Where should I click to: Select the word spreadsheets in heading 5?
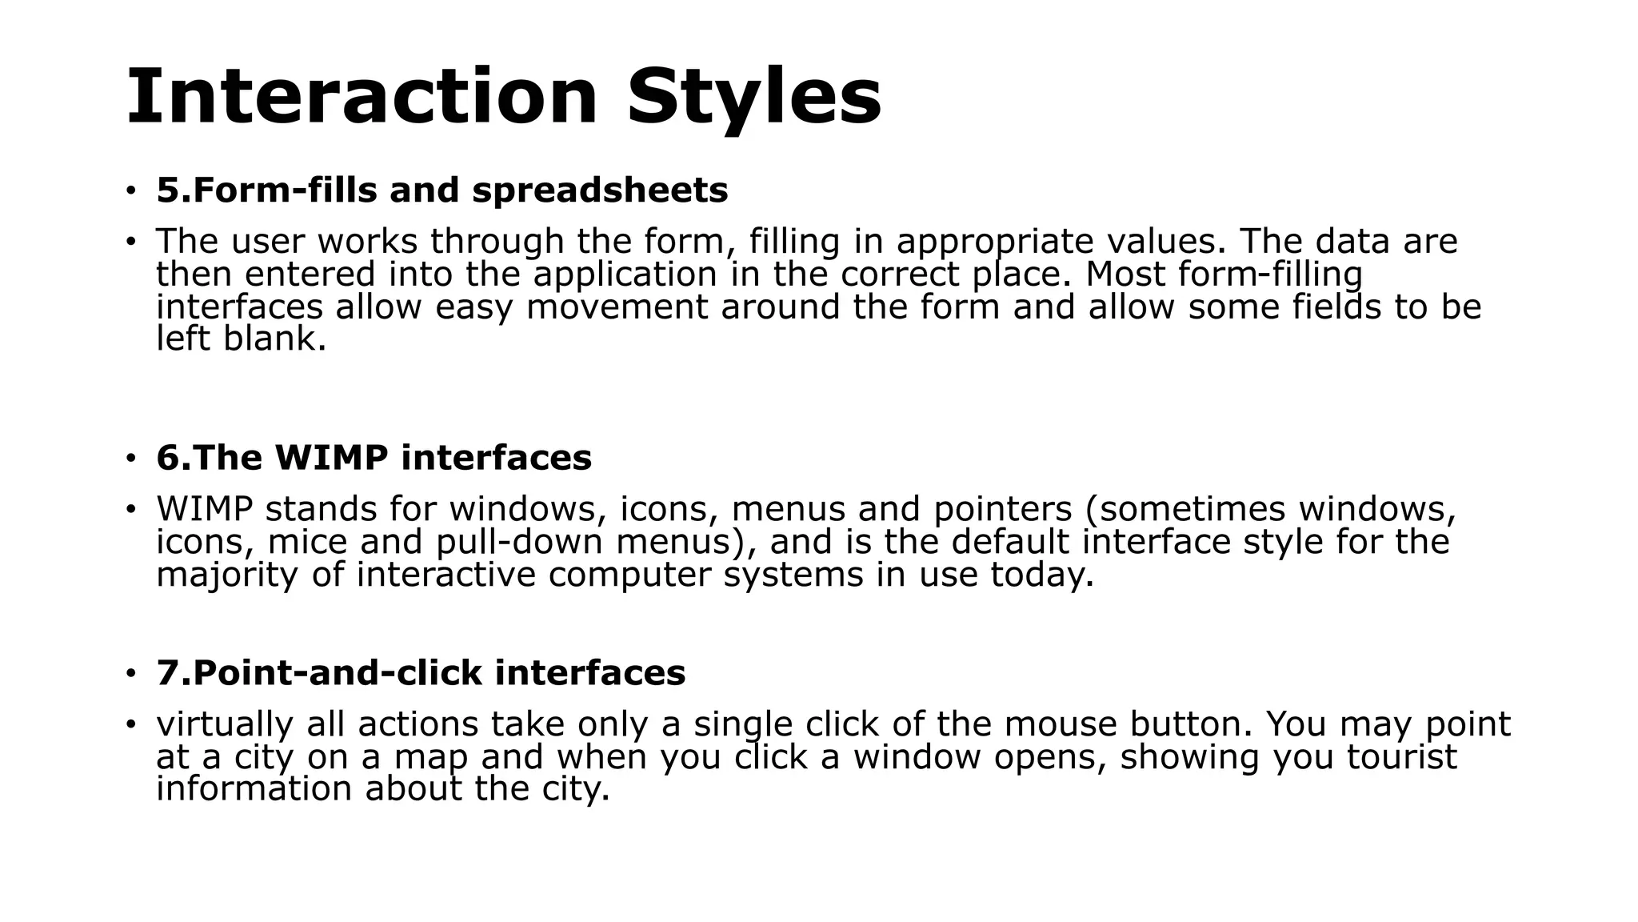click(600, 190)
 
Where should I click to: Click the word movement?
click(617, 307)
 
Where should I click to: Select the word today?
click(1041, 575)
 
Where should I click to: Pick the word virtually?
click(225, 724)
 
